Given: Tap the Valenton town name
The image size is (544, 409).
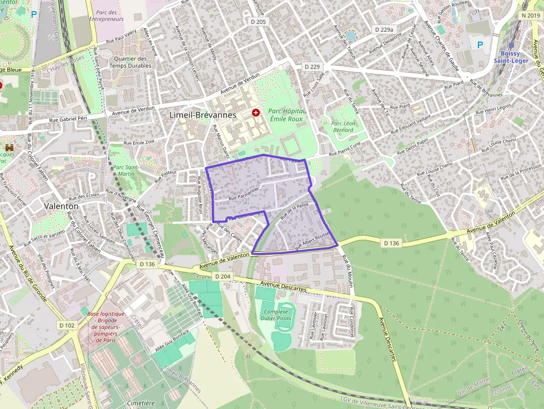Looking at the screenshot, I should (x=62, y=205).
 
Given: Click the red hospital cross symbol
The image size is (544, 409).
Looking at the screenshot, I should (x=255, y=113).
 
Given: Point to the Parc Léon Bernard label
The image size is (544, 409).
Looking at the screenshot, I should (x=342, y=127).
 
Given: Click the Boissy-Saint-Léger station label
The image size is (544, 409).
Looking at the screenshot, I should (x=511, y=56).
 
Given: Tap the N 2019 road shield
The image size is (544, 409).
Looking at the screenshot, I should (x=531, y=16).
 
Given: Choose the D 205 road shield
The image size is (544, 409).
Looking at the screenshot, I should (x=259, y=22).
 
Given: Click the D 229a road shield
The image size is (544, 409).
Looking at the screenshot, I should (x=384, y=29).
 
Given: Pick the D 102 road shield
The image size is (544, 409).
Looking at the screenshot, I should (x=67, y=325).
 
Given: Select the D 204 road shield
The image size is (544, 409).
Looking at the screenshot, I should (x=221, y=276).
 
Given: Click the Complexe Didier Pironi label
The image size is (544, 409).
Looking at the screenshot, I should (x=276, y=315).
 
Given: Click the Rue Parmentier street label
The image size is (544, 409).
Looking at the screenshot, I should (x=244, y=194).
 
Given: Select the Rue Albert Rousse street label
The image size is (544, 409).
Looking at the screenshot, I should (x=313, y=241).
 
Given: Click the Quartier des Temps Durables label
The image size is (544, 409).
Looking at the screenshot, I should (x=130, y=62).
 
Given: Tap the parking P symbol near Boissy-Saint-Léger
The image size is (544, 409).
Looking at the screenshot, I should (x=480, y=44).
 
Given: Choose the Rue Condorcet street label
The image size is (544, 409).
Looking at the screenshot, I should (x=352, y=321).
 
